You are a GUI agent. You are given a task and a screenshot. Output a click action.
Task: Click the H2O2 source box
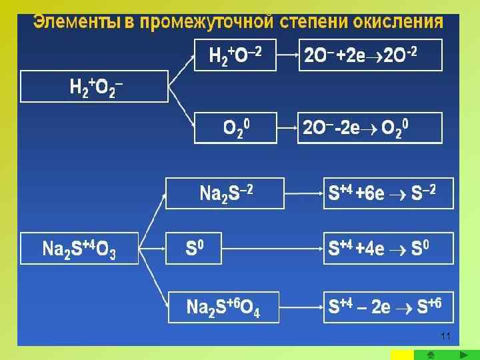tap(95, 87)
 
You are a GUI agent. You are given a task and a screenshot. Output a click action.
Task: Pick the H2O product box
tap(234, 55)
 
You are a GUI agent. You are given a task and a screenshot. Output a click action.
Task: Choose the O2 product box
tap(234, 127)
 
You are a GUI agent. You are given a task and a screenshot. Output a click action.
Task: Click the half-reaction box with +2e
tap(369, 55)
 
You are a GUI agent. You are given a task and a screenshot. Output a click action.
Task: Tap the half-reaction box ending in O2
tap(369, 127)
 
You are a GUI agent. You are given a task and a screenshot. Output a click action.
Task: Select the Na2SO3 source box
tap(79, 249)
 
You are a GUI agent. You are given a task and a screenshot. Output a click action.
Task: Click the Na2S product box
tap(225, 193)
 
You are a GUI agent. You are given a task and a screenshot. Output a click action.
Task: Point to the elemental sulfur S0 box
tap(225, 249)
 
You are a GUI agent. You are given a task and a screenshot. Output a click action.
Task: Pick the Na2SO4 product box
tap(225, 307)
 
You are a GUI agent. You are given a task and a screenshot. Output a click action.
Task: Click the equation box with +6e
tap(388, 193)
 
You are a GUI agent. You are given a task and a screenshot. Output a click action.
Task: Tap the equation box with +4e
tap(388, 249)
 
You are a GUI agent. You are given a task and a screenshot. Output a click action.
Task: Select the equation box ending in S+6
tap(388, 307)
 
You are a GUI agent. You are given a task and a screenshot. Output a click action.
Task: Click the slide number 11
tap(446, 335)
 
